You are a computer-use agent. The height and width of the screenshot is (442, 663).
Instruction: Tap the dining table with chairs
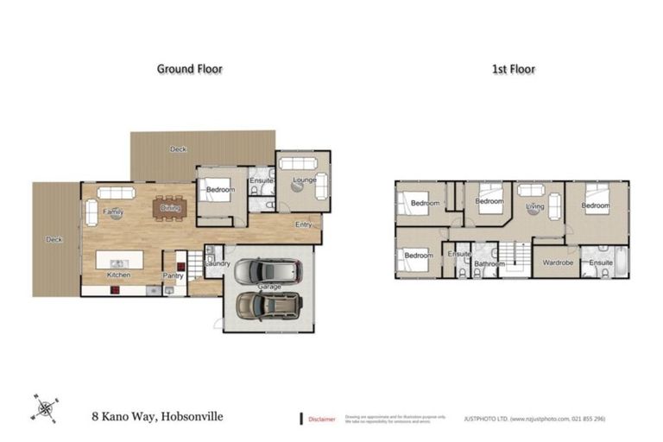(x=169, y=208)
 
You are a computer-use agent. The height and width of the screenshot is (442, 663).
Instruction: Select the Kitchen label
(x=119, y=275)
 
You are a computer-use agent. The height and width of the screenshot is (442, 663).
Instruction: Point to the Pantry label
(x=174, y=275)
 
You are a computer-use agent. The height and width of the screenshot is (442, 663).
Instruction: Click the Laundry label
(x=217, y=262)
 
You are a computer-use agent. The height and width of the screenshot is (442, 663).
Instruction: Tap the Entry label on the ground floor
(x=303, y=224)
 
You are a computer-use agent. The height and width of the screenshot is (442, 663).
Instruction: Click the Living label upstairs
(x=535, y=206)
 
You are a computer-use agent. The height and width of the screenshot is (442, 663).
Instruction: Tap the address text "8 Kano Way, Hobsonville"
(x=157, y=416)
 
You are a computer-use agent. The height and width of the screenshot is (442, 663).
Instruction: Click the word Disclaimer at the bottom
(x=322, y=419)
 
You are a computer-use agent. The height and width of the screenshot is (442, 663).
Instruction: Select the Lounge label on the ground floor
(x=304, y=180)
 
